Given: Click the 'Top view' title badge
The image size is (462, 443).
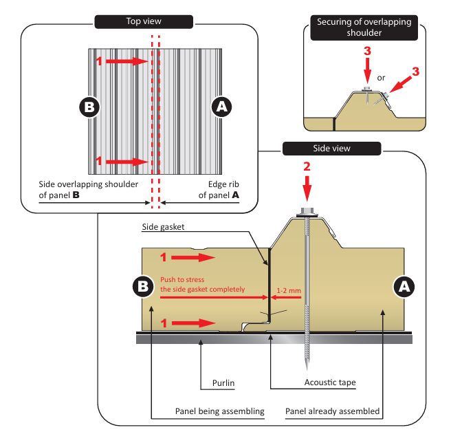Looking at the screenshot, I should (x=142, y=21).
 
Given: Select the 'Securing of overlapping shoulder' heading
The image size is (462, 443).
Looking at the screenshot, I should (x=364, y=26).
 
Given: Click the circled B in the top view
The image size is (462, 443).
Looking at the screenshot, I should (x=90, y=107).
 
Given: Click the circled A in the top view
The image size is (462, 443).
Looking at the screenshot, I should (x=221, y=107).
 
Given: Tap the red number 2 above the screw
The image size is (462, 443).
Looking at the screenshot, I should (x=307, y=167).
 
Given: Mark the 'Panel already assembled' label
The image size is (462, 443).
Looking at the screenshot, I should (x=332, y=411).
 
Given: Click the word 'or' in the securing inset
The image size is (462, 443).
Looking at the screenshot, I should (x=382, y=77).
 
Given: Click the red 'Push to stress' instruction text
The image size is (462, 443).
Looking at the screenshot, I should (x=202, y=284).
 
